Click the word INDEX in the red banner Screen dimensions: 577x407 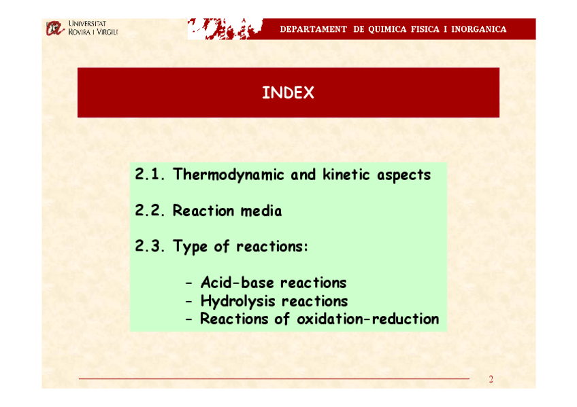click(288, 92)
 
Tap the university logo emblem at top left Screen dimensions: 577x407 click(55, 29)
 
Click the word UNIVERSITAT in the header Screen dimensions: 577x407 click(88, 24)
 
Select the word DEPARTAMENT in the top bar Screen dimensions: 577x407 click(313, 29)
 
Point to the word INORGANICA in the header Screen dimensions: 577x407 click(479, 29)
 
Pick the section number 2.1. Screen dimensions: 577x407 click(150, 174)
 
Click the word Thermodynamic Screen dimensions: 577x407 click(229, 175)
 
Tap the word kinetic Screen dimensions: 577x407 click(346, 175)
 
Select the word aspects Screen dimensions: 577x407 click(403, 175)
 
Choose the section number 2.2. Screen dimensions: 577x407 click(150, 210)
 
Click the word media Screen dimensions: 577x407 click(261, 211)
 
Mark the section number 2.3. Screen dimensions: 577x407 click(150, 246)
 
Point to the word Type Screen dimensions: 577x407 click(191, 247)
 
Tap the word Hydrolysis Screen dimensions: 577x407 click(237, 302)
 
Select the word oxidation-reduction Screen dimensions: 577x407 click(368, 319)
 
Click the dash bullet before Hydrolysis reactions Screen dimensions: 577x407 click(188, 302)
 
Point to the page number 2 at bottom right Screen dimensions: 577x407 click(491, 379)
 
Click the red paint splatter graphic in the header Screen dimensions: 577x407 click(225, 29)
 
